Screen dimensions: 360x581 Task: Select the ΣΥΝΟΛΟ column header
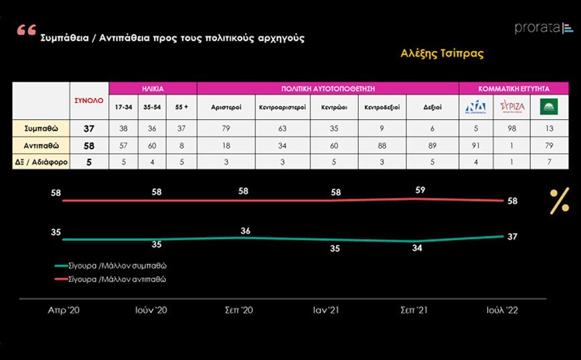pos(88,100)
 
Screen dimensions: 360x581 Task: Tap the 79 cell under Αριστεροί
pos(226,128)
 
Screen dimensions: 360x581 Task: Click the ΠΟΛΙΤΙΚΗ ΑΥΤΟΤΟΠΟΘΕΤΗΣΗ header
pos(327,88)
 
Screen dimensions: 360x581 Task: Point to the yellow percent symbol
pos(558,201)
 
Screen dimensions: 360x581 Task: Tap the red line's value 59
pos(420,189)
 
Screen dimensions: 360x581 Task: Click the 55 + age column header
pos(181,107)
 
